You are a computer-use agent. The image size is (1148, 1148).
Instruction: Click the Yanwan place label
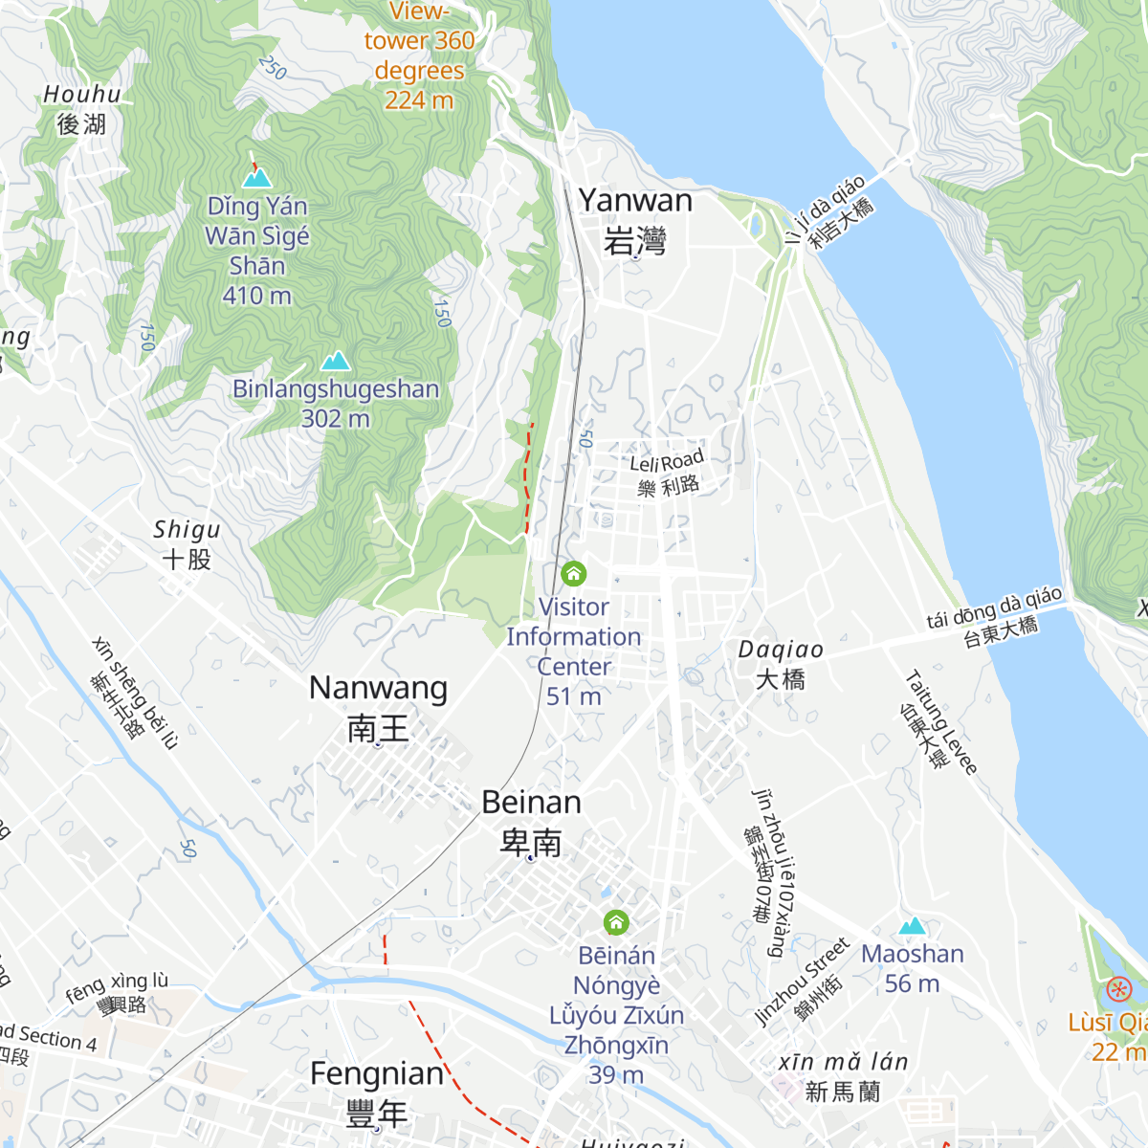coord(635,220)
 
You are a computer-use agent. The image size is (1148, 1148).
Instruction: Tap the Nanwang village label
coord(378,708)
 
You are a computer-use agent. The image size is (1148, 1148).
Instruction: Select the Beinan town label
coord(531,821)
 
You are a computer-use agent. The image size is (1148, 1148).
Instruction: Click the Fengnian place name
coord(377,1093)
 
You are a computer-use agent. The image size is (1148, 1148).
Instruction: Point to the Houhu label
coord(82,108)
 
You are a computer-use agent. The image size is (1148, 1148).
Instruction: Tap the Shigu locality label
coord(187,543)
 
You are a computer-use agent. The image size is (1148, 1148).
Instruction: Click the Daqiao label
coord(781,664)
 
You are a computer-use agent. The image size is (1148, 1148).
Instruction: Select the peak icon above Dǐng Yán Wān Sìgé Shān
coord(256,178)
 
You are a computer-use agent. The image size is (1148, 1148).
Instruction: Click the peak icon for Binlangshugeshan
coord(335,361)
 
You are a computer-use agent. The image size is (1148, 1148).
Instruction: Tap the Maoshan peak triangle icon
coord(912,926)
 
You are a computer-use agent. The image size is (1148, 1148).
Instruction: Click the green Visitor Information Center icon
coord(573,573)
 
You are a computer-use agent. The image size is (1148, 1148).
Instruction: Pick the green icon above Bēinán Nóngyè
coord(616,922)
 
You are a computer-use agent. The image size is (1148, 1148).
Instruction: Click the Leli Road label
coord(668,473)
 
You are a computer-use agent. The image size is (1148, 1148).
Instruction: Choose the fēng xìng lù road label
coord(118,992)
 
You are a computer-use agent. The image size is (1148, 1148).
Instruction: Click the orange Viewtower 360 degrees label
coord(419,55)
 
